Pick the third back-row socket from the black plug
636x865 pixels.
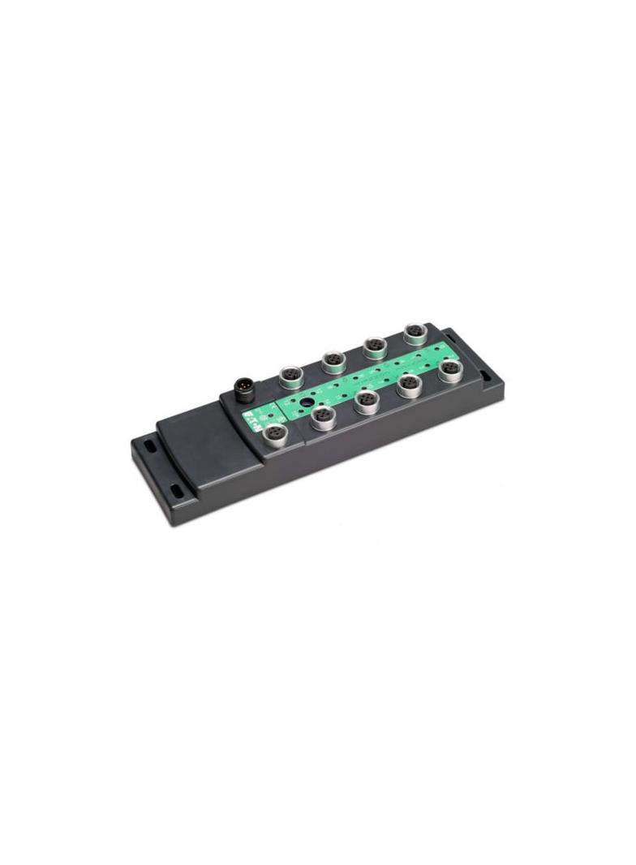(374, 346)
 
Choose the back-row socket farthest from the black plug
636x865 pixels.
(415, 333)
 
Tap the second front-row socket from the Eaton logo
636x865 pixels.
(322, 417)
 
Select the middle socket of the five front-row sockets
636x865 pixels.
(367, 400)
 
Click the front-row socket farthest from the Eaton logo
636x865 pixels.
(450, 371)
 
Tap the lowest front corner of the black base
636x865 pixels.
(173, 523)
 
